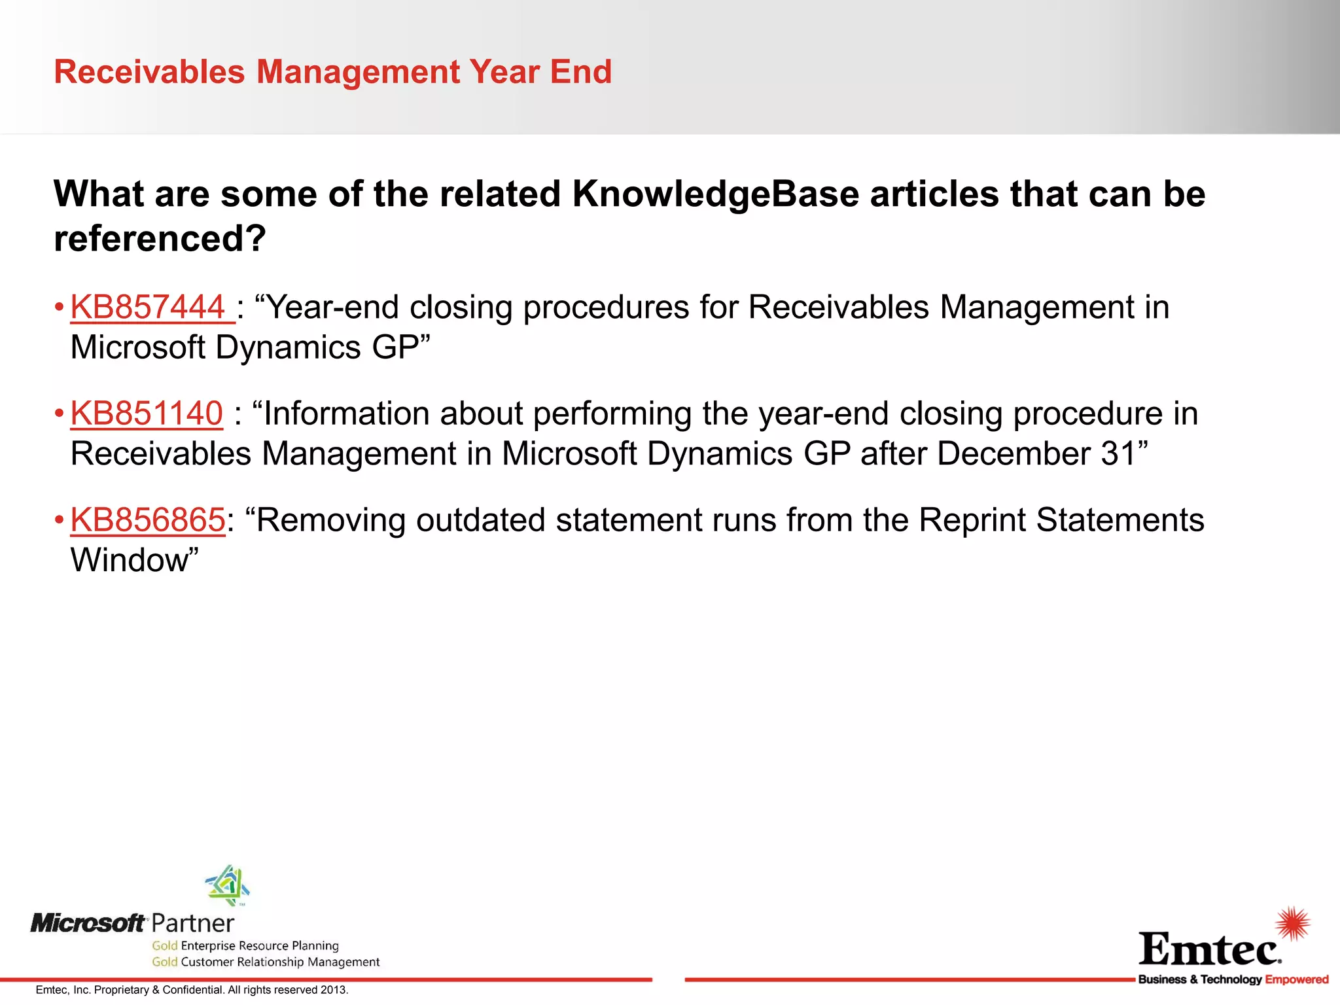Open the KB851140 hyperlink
pos(147,414)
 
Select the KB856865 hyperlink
pos(148,520)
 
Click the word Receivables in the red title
pos(149,71)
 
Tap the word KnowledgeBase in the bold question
pos(715,194)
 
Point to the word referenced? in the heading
pos(160,238)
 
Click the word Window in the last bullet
pos(130,560)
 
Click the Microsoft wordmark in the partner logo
pos(88,923)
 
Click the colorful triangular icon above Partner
pos(227,885)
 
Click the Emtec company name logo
pos(1209,949)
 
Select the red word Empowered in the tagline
pos(1296,979)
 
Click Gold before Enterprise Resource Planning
pos(165,945)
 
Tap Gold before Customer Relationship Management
pos(165,962)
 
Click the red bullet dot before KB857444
pos(59,307)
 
